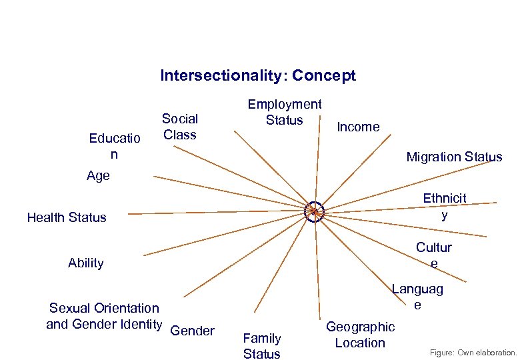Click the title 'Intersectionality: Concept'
[x=257, y=76]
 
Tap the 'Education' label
[x=115, y=147]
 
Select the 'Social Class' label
[x=180, y=127]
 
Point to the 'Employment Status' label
[x=284, y=112]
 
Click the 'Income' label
[x=358, y=127]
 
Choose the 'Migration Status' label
[x=454, y=157]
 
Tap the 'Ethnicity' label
[x=445, y=207]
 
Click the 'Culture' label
[x=434, y=255]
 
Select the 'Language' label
[x=417, y=297]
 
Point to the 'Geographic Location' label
[x=360, y=335]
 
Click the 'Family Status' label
[x=262, y=346]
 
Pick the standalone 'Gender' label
[x=193, y=331]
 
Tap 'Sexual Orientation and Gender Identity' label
[x=104, y=316]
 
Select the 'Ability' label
[x=86, y=263]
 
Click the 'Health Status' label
[x=67, y=217]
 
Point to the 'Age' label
[x=98, y=176]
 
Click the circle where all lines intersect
[x=313, y=211]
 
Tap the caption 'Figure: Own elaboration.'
[x=473, y=352]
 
